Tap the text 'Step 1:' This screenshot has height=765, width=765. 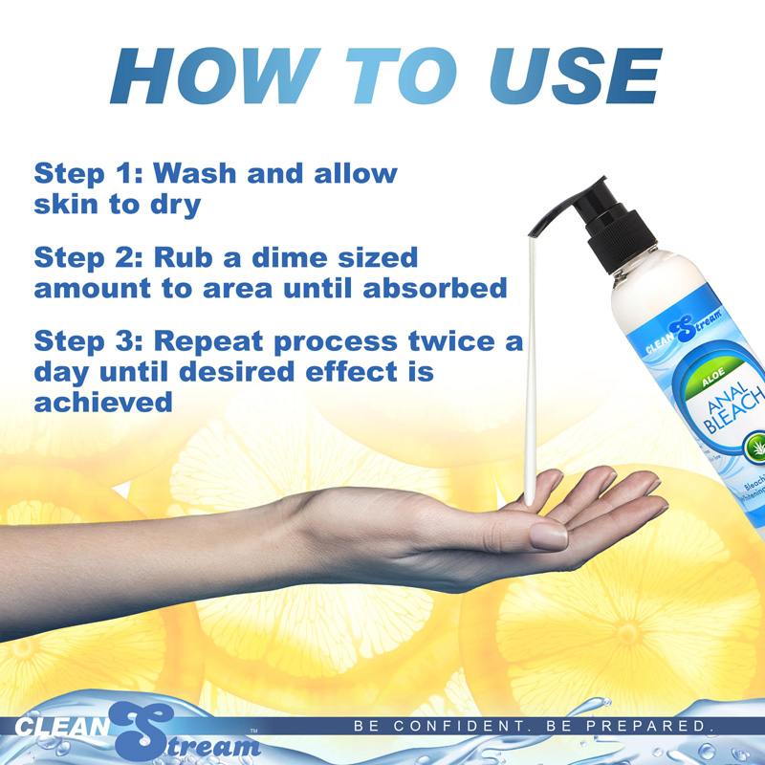point(85,174)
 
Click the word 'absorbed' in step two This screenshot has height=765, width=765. point(435,288)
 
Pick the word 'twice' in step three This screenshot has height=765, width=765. point(448,341)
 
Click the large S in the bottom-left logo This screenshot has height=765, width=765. point(143,732)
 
